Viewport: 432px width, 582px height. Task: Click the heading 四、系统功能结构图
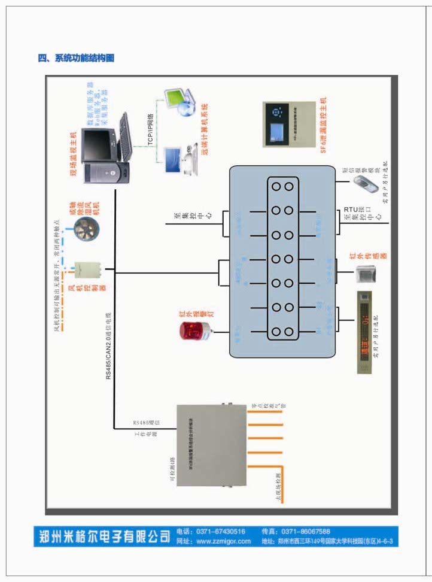click(x=76, y=58)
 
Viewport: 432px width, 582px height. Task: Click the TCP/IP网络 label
click(x=151, y=129)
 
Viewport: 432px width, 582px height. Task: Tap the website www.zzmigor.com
click(x=223, y=541)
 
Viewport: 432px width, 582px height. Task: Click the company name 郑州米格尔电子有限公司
click(x=103, y=536)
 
